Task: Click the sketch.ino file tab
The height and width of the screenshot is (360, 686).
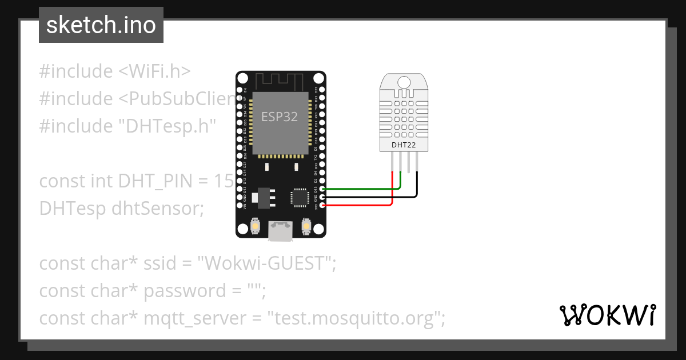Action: (101, 25)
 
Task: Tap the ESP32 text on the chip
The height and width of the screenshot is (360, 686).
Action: (280, 117)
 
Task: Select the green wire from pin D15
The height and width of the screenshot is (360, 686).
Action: (360, 188)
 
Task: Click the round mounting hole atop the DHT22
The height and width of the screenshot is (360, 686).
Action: (403, 82)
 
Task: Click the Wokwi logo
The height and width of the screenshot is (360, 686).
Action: (607, 315)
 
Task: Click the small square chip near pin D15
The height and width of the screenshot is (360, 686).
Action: (300, 197)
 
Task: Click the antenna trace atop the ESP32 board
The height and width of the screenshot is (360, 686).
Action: (280, 79)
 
